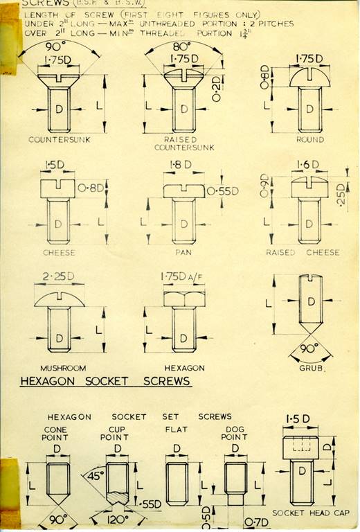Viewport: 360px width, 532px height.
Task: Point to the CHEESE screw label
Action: click(x=58, y=252)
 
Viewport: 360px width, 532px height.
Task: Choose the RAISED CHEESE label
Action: click(x=303, y=253)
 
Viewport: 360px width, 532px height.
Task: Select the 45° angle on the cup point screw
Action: click(x=94, y=477)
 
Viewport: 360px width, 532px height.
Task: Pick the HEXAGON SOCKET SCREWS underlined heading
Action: click(x=106, y=382)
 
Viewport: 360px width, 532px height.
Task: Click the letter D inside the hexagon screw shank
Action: click(x=183, y=337)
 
